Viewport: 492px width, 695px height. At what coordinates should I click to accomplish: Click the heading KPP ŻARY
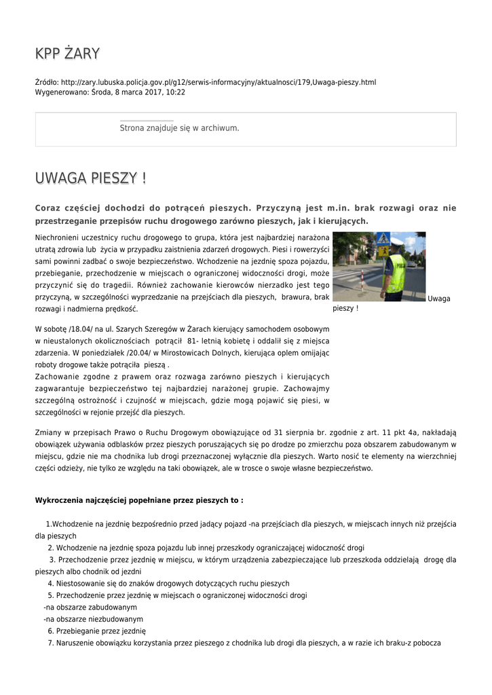pyautogui.click(x=67, y=53)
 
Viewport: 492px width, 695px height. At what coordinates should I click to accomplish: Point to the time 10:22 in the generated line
pyautogui.click(x=176, y=92)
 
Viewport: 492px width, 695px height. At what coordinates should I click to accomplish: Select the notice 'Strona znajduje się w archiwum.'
pyautogui.click(x=179, y=128)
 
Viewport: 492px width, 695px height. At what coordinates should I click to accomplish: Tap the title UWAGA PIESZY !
pyautogui.click(x=90, y=179)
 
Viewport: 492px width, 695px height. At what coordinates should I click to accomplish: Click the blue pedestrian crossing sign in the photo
pyautogui.click(x=383, y=239)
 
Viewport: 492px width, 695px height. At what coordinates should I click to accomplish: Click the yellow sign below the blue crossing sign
pyautogui.click(x=383, y=250)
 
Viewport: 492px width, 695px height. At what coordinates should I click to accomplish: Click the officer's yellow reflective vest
pyautogui.click(x=396, y=272)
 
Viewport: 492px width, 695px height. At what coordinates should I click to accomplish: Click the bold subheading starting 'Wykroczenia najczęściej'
pyautogui.click(x=139, y=500)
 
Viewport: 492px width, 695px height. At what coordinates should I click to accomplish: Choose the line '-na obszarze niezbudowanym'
pyautogui.click(x=93, y=619)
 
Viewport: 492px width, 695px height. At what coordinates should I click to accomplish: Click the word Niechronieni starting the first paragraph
pyautogui.click(x=57, y=238)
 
